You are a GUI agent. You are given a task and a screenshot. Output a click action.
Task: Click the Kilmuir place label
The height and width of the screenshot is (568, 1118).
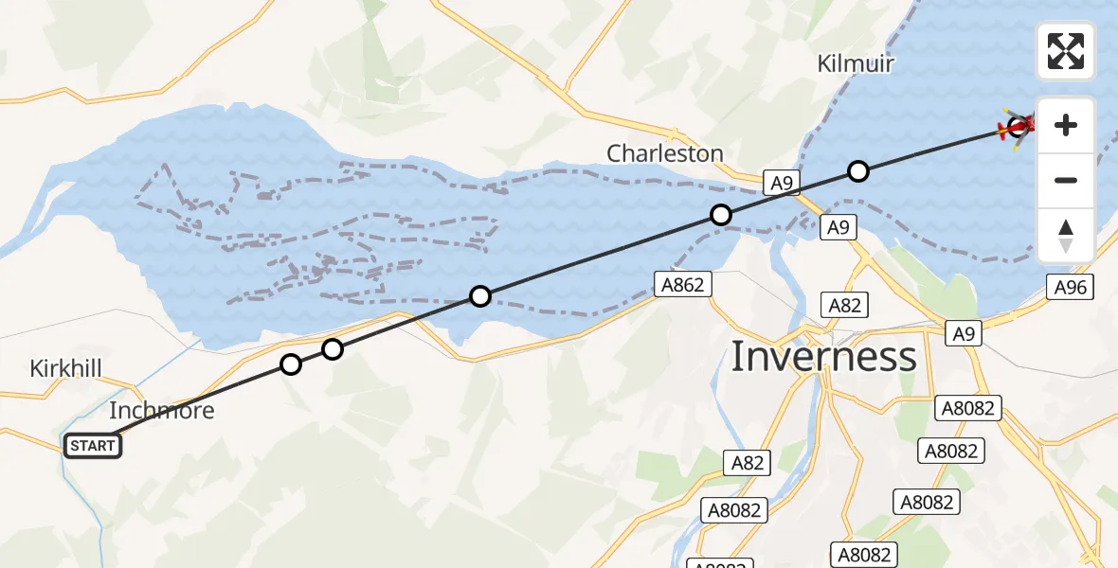pyautogui.click(x=856, y=63)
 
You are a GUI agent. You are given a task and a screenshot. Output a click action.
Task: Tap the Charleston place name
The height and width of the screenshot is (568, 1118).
pyautogui.click(x=665, y=153)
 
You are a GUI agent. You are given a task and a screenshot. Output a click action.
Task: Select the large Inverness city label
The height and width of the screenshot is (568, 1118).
pyautogui.click(x=824, y=357)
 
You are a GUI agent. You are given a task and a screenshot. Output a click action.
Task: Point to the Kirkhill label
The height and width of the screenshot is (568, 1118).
pyautogui.click(x=65, y=368)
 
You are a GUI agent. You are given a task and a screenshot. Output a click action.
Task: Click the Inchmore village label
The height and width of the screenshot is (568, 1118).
pyautogui.click(x=162, y=411)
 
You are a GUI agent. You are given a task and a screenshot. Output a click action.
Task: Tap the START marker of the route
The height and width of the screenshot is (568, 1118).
pyautogui.click(x=93, y=446)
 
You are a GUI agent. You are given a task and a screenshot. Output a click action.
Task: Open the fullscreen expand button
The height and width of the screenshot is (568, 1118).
pyautogui.click(x=1066, y=51)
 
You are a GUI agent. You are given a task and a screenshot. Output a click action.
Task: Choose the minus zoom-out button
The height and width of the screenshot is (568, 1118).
pyautogui.click(x=1066, y=180)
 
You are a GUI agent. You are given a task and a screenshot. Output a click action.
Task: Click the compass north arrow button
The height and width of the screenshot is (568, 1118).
pyautogui.click(x=1066, y=236)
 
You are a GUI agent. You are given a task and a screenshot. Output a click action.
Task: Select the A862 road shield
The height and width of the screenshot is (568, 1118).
pyautogui.click(x=683, y=283)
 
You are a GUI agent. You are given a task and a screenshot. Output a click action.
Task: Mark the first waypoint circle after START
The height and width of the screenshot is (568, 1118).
pyautogui.click(x=291, y=364)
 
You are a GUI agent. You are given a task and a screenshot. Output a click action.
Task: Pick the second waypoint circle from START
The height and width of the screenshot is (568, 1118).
pyautogui.click(x=332, y=349)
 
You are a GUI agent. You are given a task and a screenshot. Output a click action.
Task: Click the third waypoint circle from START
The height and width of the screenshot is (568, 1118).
pyautogui.click(x=480, y=296)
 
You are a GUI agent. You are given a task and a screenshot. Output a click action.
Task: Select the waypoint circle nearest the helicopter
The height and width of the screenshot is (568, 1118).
pyautogui.click(x=857, y=171)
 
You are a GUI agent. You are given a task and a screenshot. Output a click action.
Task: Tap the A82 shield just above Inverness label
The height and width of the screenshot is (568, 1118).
pyautogui.click(x=844, y=305)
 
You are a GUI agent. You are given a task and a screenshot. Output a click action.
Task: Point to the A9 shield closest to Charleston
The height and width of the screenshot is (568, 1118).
pyautogui.click(x=780, y=184)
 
